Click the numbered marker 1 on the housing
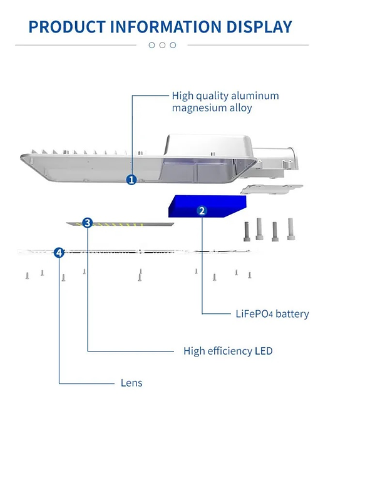(x=131, y=180)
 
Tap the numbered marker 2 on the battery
(x=202, y=211)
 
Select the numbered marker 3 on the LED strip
(x=88, y=223)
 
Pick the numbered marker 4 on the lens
(x=59, y=252)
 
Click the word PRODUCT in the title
(x=67, y=27)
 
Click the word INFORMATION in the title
(x=160, y=27)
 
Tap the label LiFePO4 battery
(x=272, y=314)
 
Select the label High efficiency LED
(x=228, y=351)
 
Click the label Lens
(x=131, y=383)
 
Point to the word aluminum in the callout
(x=255, y=96)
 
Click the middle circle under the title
(x=162, y=45)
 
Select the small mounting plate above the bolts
(x=270, y=188)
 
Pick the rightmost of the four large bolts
(x=290, y=229)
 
